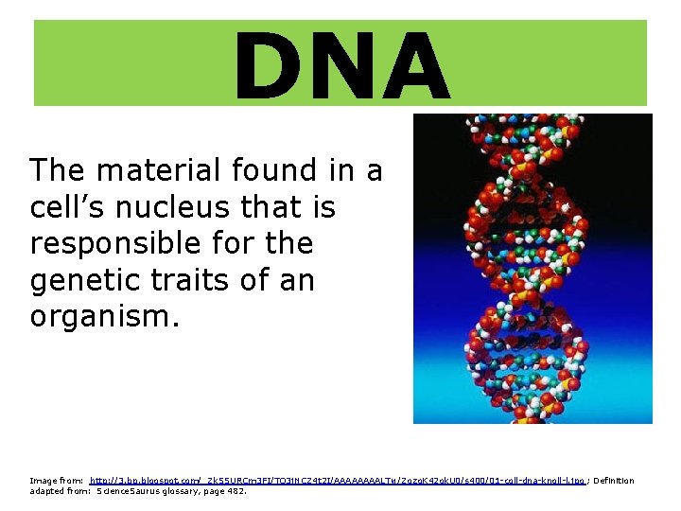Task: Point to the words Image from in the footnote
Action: click(56, 481)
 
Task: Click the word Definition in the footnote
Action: click(613, 481)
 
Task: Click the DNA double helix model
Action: click(533, 269)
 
